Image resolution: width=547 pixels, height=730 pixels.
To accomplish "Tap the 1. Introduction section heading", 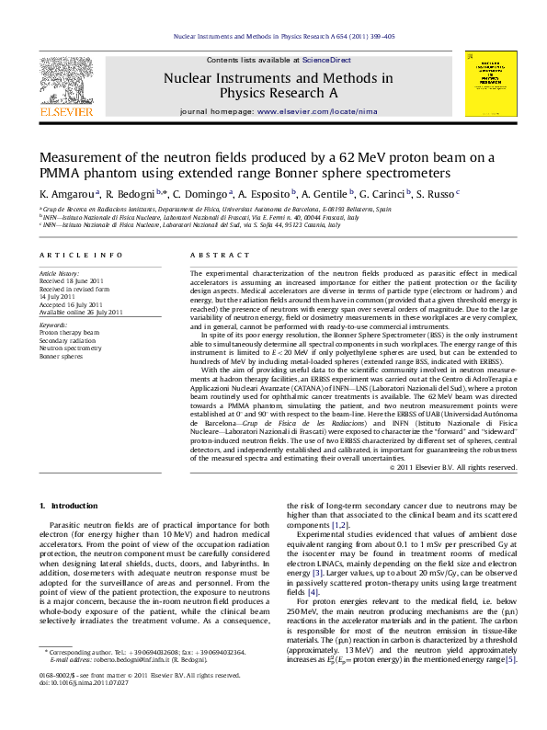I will pyautogui.click(x=67, y=507).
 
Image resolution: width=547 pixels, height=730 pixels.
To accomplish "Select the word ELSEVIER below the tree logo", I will pyautogui.click(x=65, y=111).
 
